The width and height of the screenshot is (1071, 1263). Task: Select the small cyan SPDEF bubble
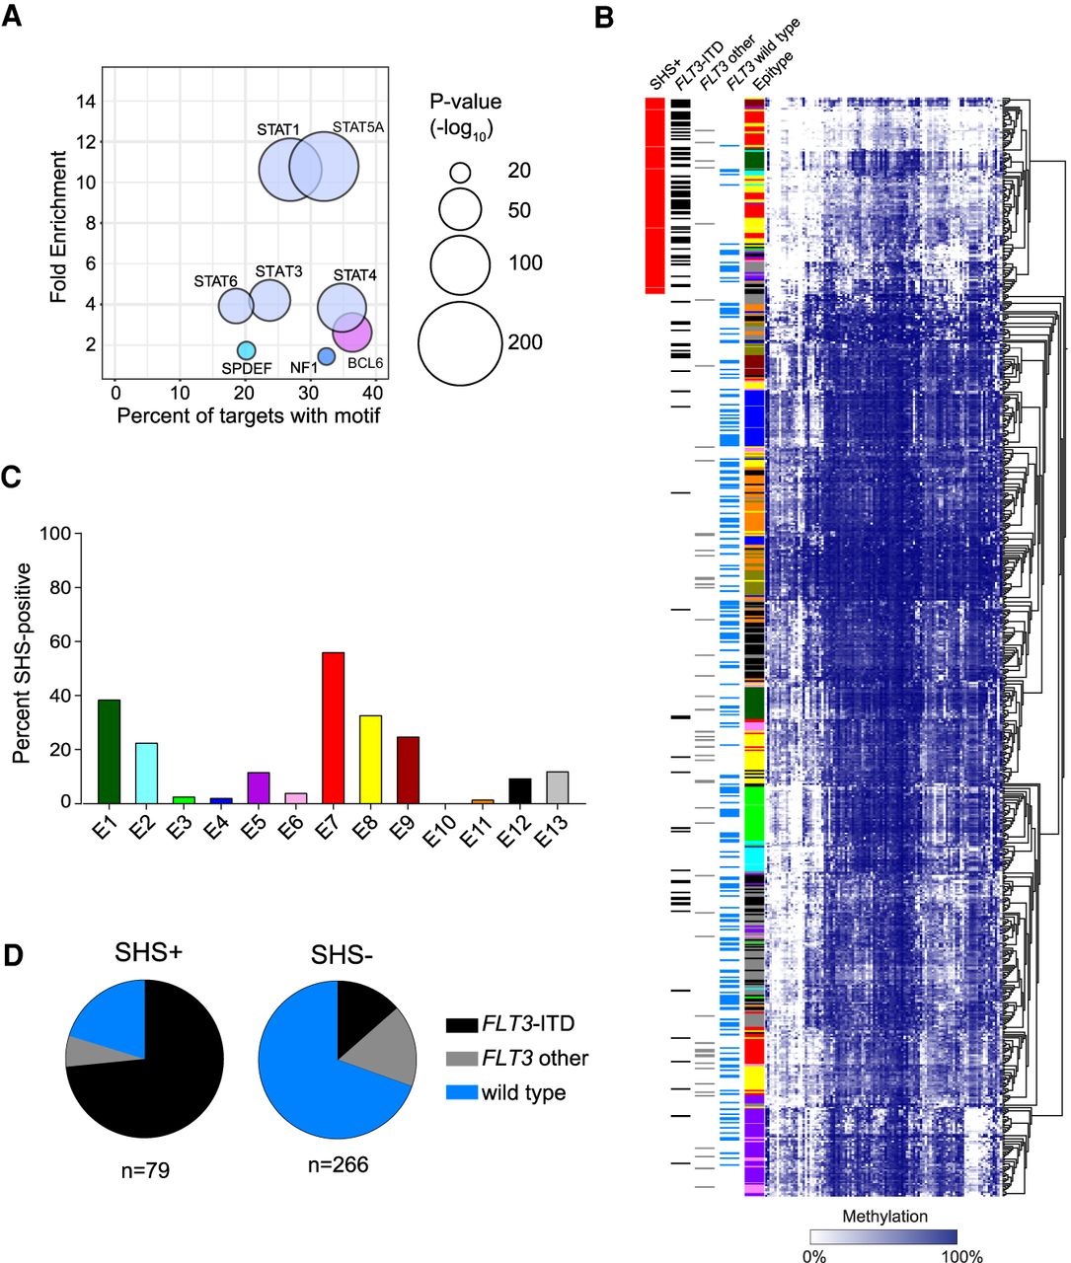click(247, 349)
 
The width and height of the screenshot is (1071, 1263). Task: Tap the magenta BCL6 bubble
click(353, 333)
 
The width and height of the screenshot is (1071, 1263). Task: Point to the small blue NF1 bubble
click(327, 356)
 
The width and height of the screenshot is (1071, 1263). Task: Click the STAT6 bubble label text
click(215, 281)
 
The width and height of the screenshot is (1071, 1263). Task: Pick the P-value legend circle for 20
click(460, 172)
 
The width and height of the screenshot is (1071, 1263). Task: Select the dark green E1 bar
click(109, 751)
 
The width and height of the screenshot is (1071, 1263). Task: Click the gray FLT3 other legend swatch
click(461, 1059)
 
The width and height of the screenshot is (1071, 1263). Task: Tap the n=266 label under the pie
click(338, 1165)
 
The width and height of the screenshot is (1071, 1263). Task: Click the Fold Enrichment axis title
click(60, 226)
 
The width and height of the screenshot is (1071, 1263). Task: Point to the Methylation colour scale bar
click(883, 1236)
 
